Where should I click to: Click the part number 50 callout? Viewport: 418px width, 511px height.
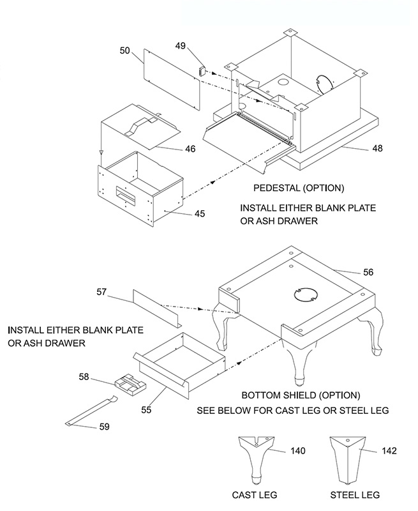pyautogui.click(x=125, y=51)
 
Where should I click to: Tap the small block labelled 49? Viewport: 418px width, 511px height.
pyautogui.click(x=202, y=70)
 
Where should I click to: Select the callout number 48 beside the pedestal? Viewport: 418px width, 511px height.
pyautogui.click(x=377, y=148)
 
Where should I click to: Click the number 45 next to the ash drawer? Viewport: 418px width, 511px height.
pyautogui.click(x=200, y=214)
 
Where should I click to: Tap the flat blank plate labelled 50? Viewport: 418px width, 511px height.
pyautogui.click(x=171, y=80)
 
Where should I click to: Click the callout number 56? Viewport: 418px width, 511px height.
pyautogui.click(x=368, y=272)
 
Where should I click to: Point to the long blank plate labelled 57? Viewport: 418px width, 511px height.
pyautogui.click(x=157, y=309)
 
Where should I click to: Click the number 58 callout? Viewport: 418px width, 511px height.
pyautogui.click(x=84, y=377)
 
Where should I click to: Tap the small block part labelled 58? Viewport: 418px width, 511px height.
pyautogui.click(x=131, y=385)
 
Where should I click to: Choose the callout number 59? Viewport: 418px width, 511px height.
pyautogui.click(x=104, y=427)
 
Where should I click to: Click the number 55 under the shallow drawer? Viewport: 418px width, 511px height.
pyautogui.click(x=146, y=409)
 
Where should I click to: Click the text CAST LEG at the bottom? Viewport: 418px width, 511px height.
pyautogui.click(x=255, y=495)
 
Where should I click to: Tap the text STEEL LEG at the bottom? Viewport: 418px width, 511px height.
pyautogui.click(x=355, y=495)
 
